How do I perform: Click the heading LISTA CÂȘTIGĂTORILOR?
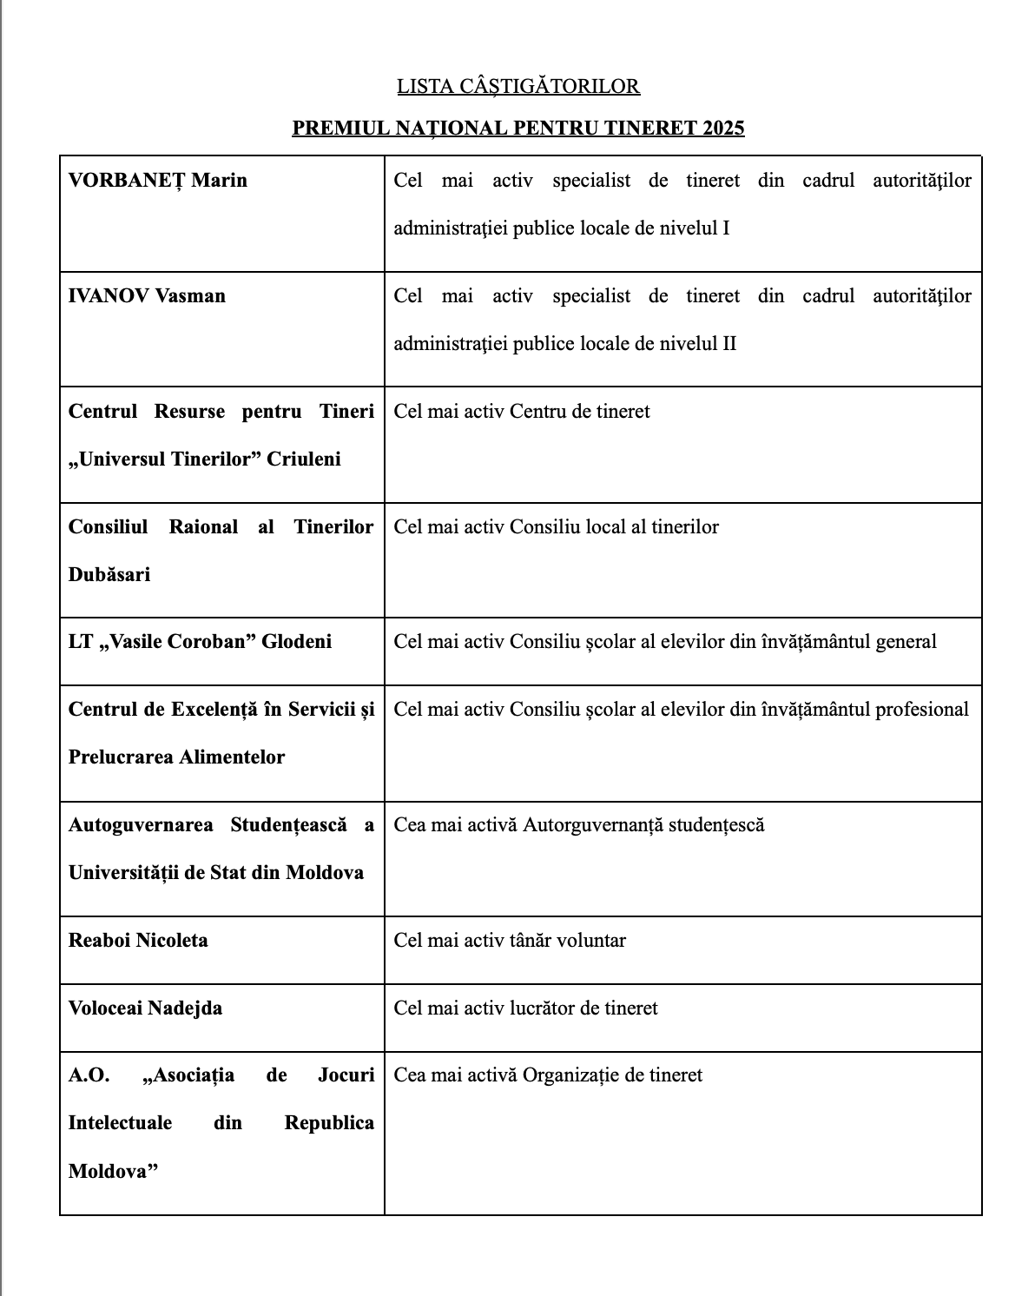(x=518, y=86)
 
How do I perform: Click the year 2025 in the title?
(x=723, y=128)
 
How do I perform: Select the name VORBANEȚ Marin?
(x=158, y=181)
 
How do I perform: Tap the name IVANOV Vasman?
(x=147, y=296)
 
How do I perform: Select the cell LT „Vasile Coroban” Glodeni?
(x=200, y=642)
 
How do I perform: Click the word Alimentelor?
(x=232, y=757)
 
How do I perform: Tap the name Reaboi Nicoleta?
(x=138, y=941)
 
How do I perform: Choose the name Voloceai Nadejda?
(x=145, y=1008)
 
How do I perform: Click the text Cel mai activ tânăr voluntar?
(x=510, y=941)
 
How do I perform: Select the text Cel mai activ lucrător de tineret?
(x=525, y=1008)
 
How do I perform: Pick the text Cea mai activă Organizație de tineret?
(x=548, y=1075)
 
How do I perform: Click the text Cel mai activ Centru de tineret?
(x=522, y=412)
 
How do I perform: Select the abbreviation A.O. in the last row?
(x=89, y=1075)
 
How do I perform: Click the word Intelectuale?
(x=120, y=1123)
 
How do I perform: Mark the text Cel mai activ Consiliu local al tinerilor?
(x=556, y=527)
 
